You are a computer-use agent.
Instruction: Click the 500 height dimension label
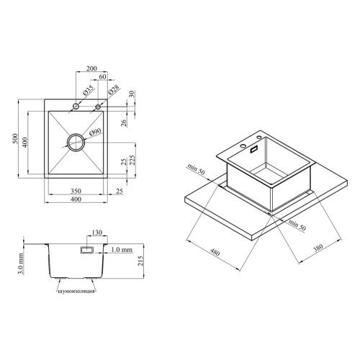(x=15, y=138)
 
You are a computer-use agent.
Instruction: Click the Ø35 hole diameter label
(x=88, y=91)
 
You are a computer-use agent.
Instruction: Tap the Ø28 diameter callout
(x=114, y=91)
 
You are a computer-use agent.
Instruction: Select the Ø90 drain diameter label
(x=95, y=132)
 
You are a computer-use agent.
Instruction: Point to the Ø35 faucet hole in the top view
(x=76, y=106)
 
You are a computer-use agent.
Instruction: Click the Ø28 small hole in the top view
(x=98, y=107)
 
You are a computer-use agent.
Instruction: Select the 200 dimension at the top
(x=91, y=68)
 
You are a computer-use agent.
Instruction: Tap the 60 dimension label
(x=102, y=76)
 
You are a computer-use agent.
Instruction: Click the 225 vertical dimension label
(x=132, y=160)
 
